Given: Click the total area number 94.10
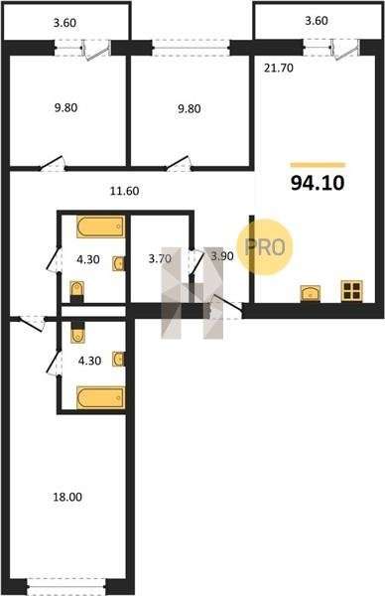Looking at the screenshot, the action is click(318, 183).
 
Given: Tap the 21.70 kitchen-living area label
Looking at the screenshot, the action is click(279, 69).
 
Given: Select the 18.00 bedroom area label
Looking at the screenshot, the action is click(67, 497).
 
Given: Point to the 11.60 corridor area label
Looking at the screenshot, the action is click(125, 191).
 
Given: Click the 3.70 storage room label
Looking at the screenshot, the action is click(160, 259).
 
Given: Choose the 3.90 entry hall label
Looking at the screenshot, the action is click(222, 256).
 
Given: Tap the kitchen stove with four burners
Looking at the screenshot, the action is click(351, 291).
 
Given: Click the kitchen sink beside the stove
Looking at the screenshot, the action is click(311, 294).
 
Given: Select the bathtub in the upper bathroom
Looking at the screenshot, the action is click(100, 226).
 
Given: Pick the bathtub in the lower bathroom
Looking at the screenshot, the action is click(100, 398).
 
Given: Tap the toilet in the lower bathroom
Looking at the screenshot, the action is click(77, 332).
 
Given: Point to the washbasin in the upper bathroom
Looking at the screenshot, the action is click(119, 264).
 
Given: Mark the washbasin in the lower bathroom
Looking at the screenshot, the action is click(119, 359).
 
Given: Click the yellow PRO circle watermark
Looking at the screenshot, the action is click(265, 247).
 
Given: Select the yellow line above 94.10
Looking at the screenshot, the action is click(318, 165).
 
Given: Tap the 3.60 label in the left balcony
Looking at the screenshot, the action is click(64, 23).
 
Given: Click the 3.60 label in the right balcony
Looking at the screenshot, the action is click(317, 21).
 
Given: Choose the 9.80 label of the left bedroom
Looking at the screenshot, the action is click(66, 108).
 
